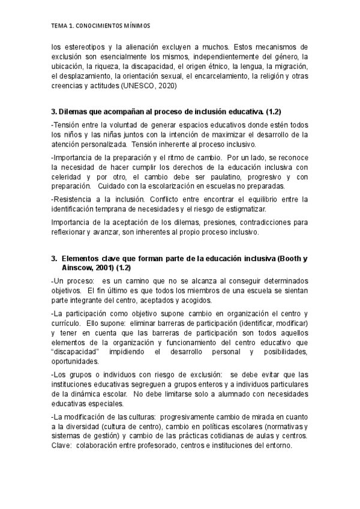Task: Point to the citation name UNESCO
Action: (x=137, y=85)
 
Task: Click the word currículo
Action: (x=67, y=322)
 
